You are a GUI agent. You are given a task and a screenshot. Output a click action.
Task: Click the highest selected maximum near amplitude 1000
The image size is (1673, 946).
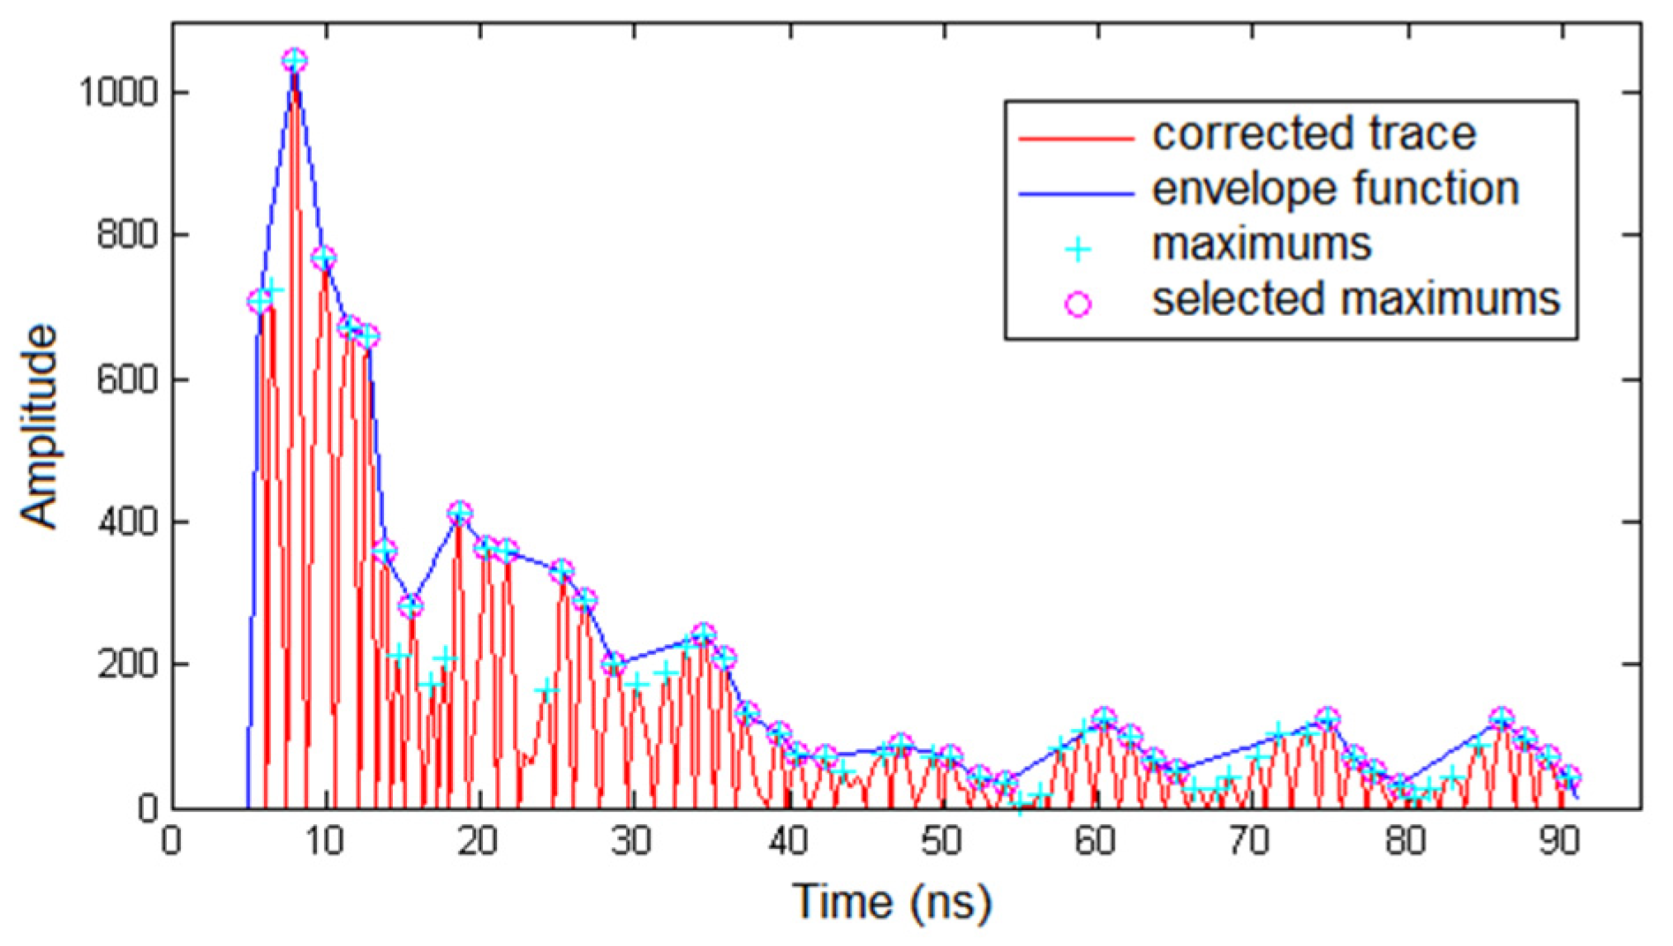(x=295, y=62)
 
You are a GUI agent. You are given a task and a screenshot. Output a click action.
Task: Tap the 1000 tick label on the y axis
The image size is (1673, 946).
(x=118, y=92)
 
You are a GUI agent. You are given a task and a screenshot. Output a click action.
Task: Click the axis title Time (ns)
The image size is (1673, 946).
(x=892, y=902)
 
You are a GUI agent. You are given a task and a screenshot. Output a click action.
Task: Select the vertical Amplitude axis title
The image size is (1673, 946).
(x=39, y=427)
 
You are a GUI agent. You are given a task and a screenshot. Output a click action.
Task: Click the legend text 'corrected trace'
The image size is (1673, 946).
(x=1314, y=134)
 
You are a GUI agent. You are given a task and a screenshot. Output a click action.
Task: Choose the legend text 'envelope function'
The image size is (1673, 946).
(x=1335, y=189)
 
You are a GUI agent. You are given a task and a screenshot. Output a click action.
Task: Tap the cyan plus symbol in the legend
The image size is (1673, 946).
(x=1077, y=250)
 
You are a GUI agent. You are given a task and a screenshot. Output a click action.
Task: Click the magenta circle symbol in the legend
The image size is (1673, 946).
(x=1077, y=304)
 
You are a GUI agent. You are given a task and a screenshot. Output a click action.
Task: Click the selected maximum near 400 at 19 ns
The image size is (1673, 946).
(x=459, y=514)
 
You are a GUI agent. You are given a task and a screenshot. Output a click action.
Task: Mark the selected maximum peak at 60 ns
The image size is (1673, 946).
(x=1103, y=718)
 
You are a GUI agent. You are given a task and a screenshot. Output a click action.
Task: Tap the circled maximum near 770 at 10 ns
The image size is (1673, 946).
(x=324, y=259)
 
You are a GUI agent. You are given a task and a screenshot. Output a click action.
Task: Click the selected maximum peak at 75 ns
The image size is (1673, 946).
(x=1327, y=718)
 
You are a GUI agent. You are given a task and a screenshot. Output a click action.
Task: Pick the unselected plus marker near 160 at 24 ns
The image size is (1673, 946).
(x=547, y=689)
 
